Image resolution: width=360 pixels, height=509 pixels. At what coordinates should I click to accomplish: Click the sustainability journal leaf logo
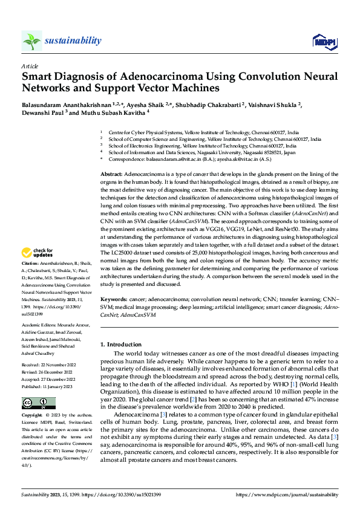point(31,41)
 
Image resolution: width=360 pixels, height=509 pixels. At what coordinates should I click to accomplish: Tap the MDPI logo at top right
point(322,41)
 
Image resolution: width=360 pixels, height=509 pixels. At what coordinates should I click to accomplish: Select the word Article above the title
point(30,65)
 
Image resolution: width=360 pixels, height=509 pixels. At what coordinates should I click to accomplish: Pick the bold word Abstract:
point(111,173)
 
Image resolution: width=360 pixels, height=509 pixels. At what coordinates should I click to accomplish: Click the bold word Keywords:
point(113,299)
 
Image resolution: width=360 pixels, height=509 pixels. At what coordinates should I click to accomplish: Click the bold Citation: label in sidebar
point(30,281)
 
